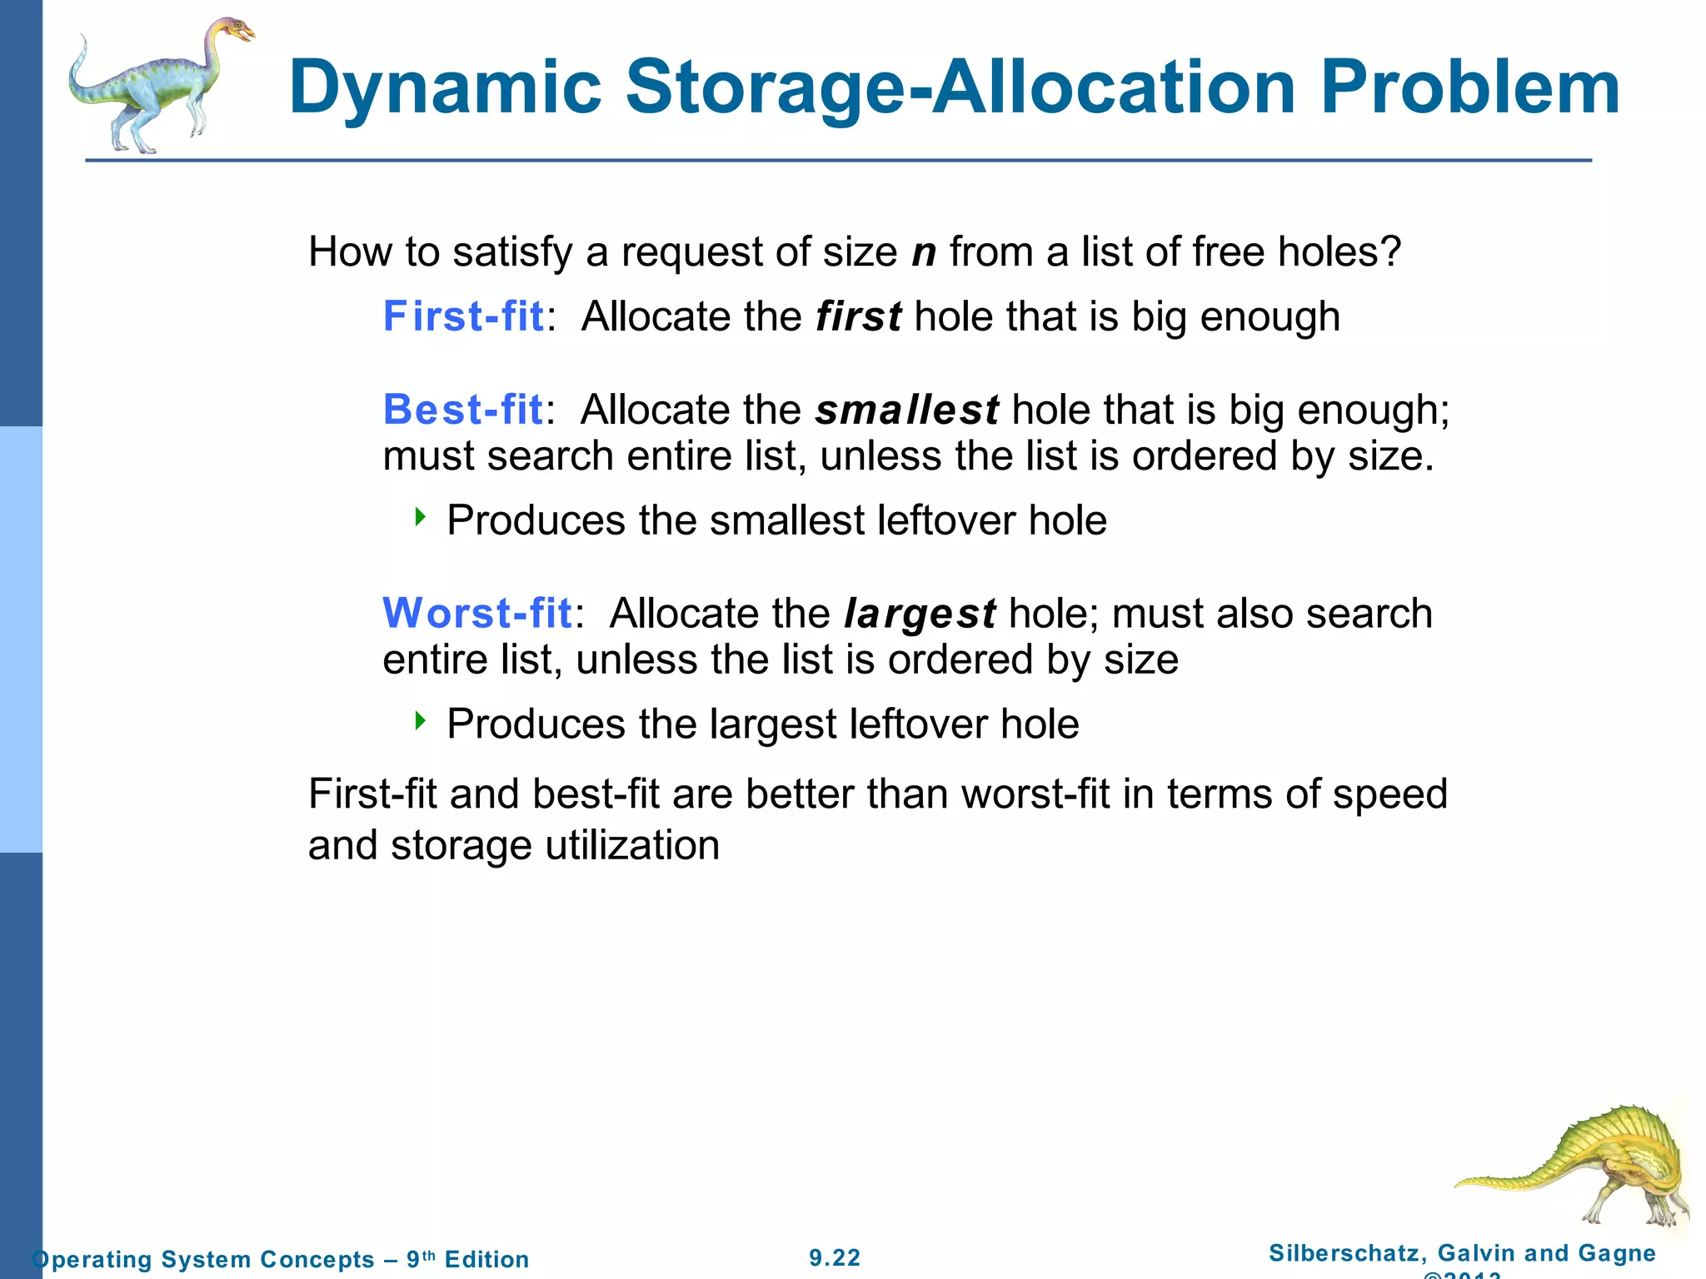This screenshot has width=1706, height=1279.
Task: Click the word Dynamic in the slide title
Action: point(445,88)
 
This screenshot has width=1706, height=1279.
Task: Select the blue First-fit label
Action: point(463,316)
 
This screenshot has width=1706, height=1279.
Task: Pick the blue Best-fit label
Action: point(463,410)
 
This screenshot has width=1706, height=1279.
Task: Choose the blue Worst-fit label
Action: point(477,614)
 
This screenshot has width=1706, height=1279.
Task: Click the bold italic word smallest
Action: point(906,410)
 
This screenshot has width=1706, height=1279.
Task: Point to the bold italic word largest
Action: point(920,615)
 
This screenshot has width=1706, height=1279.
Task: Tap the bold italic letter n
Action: point(924,252)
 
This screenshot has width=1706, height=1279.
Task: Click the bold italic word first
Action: point(858,316)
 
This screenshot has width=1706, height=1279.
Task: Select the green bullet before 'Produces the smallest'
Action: point(421,518)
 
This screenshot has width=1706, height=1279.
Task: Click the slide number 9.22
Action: point(835,1257)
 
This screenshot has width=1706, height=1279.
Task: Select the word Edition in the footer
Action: point(486,1259)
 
